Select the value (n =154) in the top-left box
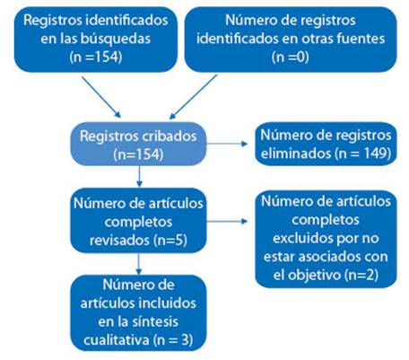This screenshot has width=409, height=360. click(x=96, y=57)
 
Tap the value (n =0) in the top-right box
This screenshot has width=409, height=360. click(x=291, y=57)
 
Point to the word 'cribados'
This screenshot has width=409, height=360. click(x=170, y=136)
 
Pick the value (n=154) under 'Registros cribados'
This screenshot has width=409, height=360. click(x=138, y=154)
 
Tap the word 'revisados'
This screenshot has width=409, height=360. click(x=120, y=241)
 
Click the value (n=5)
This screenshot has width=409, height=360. click(x=170, y=241)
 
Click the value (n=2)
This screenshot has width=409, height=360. click(x=361, y=276)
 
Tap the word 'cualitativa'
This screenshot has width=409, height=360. click(x=117, y=340)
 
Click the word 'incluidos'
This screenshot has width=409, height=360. click(x=169, y=303)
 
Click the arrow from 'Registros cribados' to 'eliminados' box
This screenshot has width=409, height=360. click(x=227, y=144)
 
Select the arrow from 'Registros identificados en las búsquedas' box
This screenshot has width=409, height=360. click(x=101, y=97)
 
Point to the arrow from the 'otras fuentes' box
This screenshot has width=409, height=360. click(x=193, y=97)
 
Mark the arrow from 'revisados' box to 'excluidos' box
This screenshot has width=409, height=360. click(x=227, y=222)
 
